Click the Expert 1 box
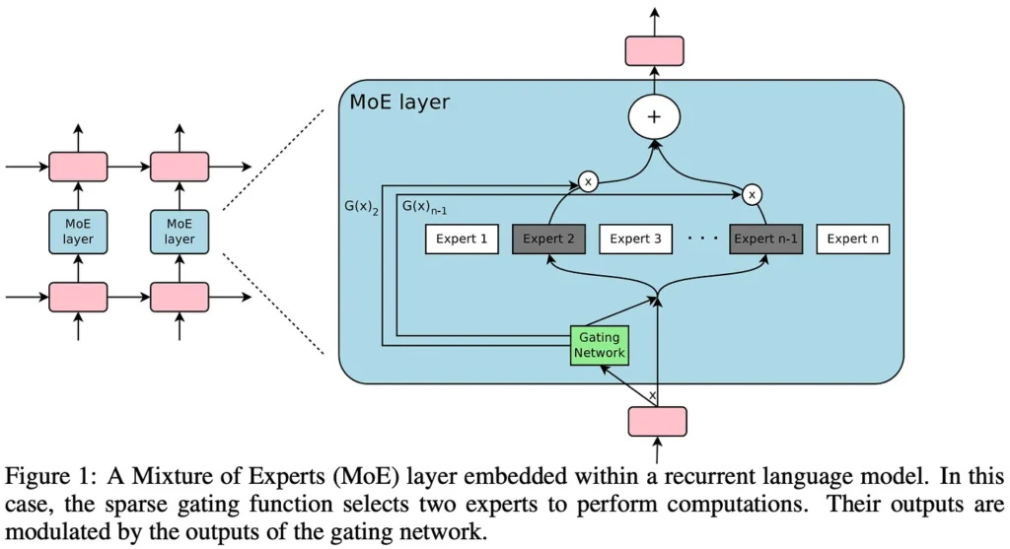462,239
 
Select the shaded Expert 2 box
548,239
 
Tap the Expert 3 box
635,239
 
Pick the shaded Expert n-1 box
765,239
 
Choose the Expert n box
853,239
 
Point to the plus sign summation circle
656,116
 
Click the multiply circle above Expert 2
588,181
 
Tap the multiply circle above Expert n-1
753,194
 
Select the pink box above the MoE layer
656,51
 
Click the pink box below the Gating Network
657,421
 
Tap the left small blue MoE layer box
78,231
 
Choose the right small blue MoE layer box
179,231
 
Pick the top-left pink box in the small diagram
78,166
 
